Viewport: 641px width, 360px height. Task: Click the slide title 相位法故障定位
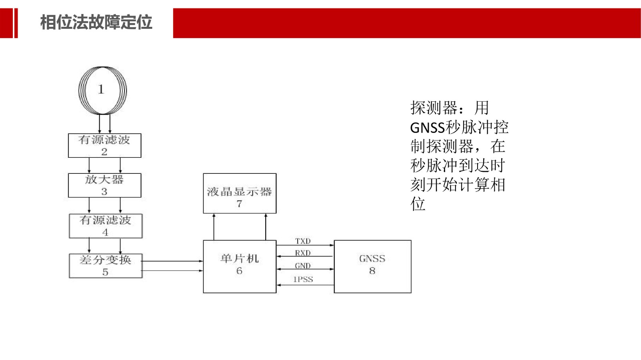pos(96,22)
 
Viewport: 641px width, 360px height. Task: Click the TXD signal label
pos(303,241)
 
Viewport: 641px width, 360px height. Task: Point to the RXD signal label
pos(303,253)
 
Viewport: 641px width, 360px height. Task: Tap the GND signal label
pos(303,265)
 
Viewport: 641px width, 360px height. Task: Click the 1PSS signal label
pos(303,279)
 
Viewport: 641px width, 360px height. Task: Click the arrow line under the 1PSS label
pos(305,285)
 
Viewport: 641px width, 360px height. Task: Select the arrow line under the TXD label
pos(305,245)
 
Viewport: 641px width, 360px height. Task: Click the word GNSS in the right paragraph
pos(427,128)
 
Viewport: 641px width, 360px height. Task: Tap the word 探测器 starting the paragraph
pos(434,108)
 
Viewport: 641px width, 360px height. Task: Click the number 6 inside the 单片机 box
pos(239,271)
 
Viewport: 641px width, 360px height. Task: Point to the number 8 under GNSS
pos(372,271)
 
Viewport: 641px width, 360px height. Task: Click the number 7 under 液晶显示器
pos(239,203)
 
